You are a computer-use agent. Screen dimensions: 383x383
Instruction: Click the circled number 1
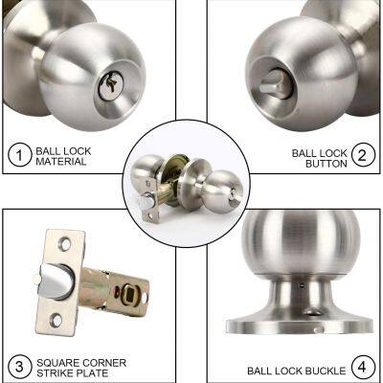18,155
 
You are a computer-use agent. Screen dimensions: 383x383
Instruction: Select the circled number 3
18,366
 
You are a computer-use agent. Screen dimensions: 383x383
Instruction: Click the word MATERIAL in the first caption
62,162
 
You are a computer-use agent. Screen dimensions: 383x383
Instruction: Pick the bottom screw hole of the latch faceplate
56,320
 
